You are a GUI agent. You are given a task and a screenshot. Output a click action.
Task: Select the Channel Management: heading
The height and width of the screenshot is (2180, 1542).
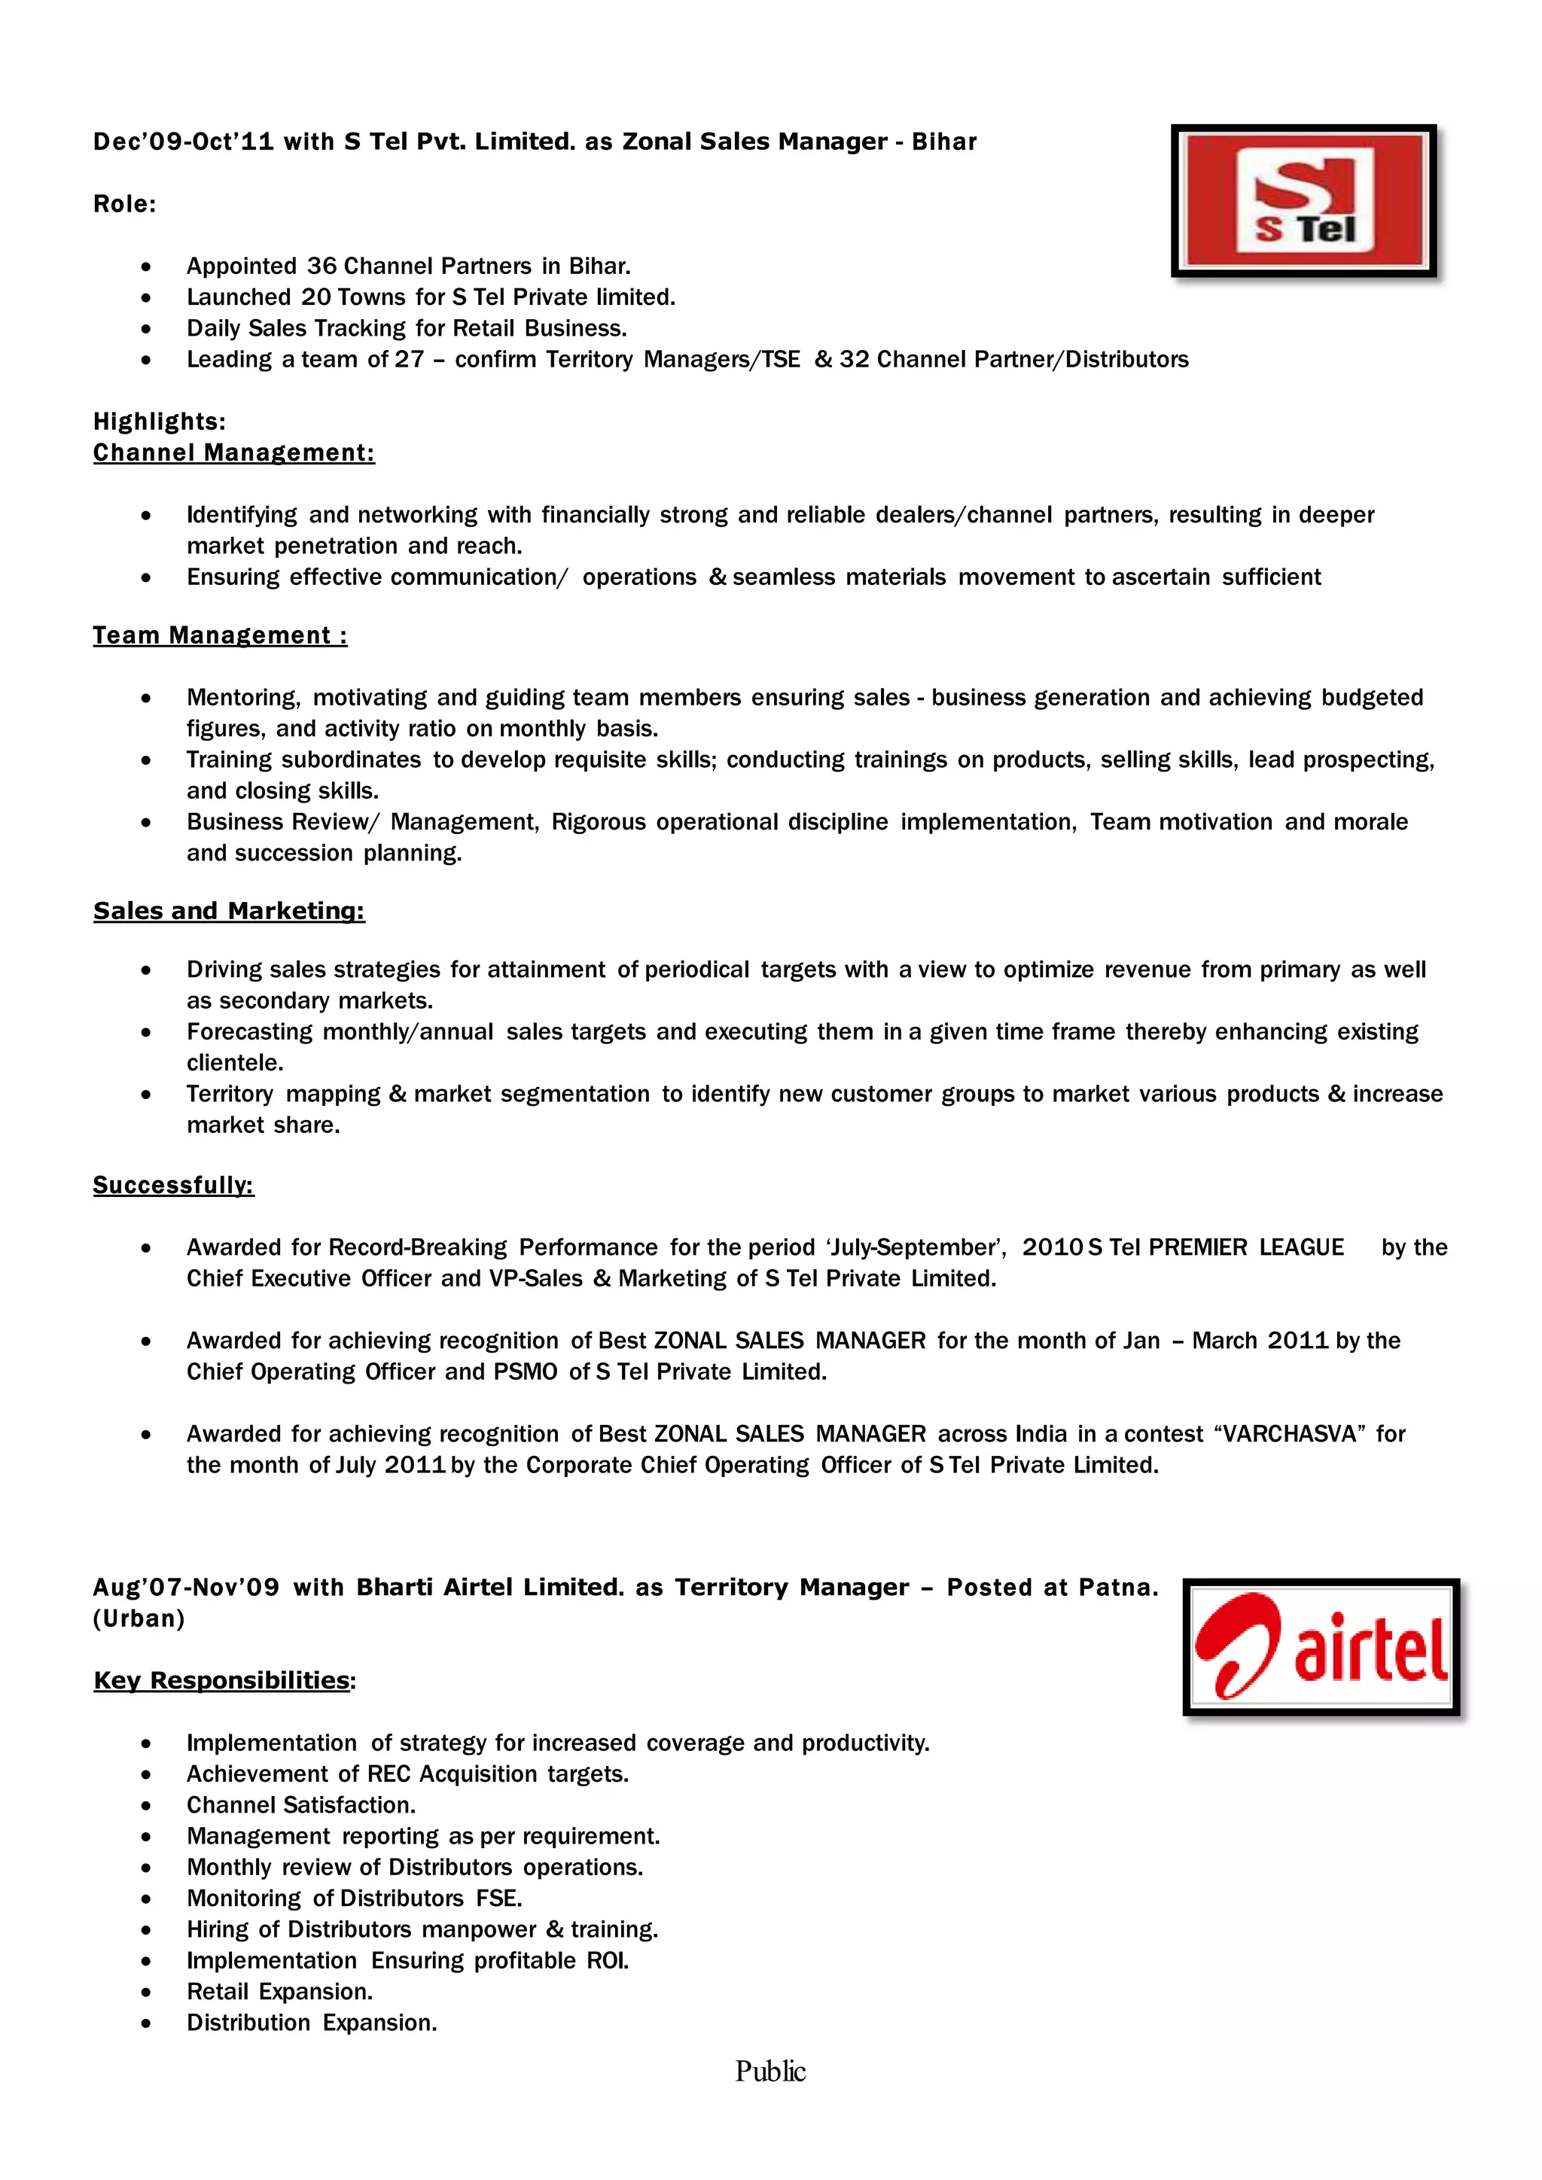tap(233, 453)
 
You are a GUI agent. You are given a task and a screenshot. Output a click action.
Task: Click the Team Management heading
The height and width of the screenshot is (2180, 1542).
tap(219, 635)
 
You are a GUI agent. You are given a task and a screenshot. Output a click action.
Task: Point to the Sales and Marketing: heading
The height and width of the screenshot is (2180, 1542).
tap(229, 911)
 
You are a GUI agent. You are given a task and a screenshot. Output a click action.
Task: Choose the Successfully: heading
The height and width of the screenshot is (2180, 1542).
tap(174, 1185)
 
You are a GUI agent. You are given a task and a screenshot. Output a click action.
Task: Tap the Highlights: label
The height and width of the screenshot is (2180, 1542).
tap(160, 422)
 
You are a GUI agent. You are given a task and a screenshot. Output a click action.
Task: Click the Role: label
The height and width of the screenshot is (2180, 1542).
tap(124, 204)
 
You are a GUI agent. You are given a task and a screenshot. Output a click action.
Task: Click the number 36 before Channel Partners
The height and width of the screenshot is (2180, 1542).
tap(322, 266)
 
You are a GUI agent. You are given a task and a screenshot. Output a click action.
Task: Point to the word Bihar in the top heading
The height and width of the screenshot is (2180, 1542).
tap(944, 142)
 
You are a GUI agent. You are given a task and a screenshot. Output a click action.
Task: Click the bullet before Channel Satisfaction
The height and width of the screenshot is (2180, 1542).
tap(145, 1806)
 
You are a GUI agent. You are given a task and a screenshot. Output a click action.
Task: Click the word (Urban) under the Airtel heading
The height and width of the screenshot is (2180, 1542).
tap(139, 1619)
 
